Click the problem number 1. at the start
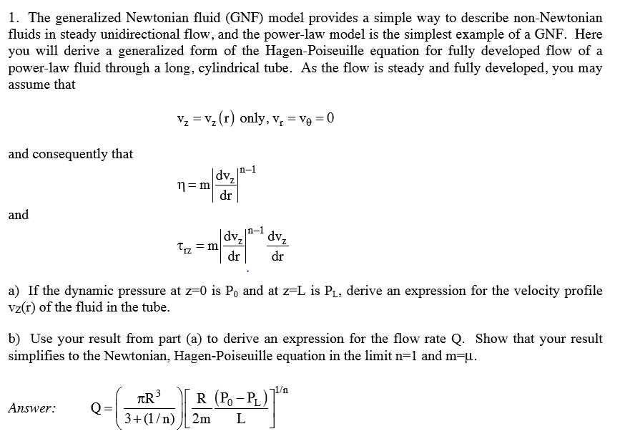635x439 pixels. pyautogui.click(x=14, y=18)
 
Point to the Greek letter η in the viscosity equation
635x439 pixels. pyautogui.click(x=182, y=184)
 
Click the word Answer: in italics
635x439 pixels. pyautogui.click(x=31, y=408)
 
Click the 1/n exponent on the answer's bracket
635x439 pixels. pyautogui.click(x=283, y=390)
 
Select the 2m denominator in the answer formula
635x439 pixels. pyautogui.click(x=202, y=419)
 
